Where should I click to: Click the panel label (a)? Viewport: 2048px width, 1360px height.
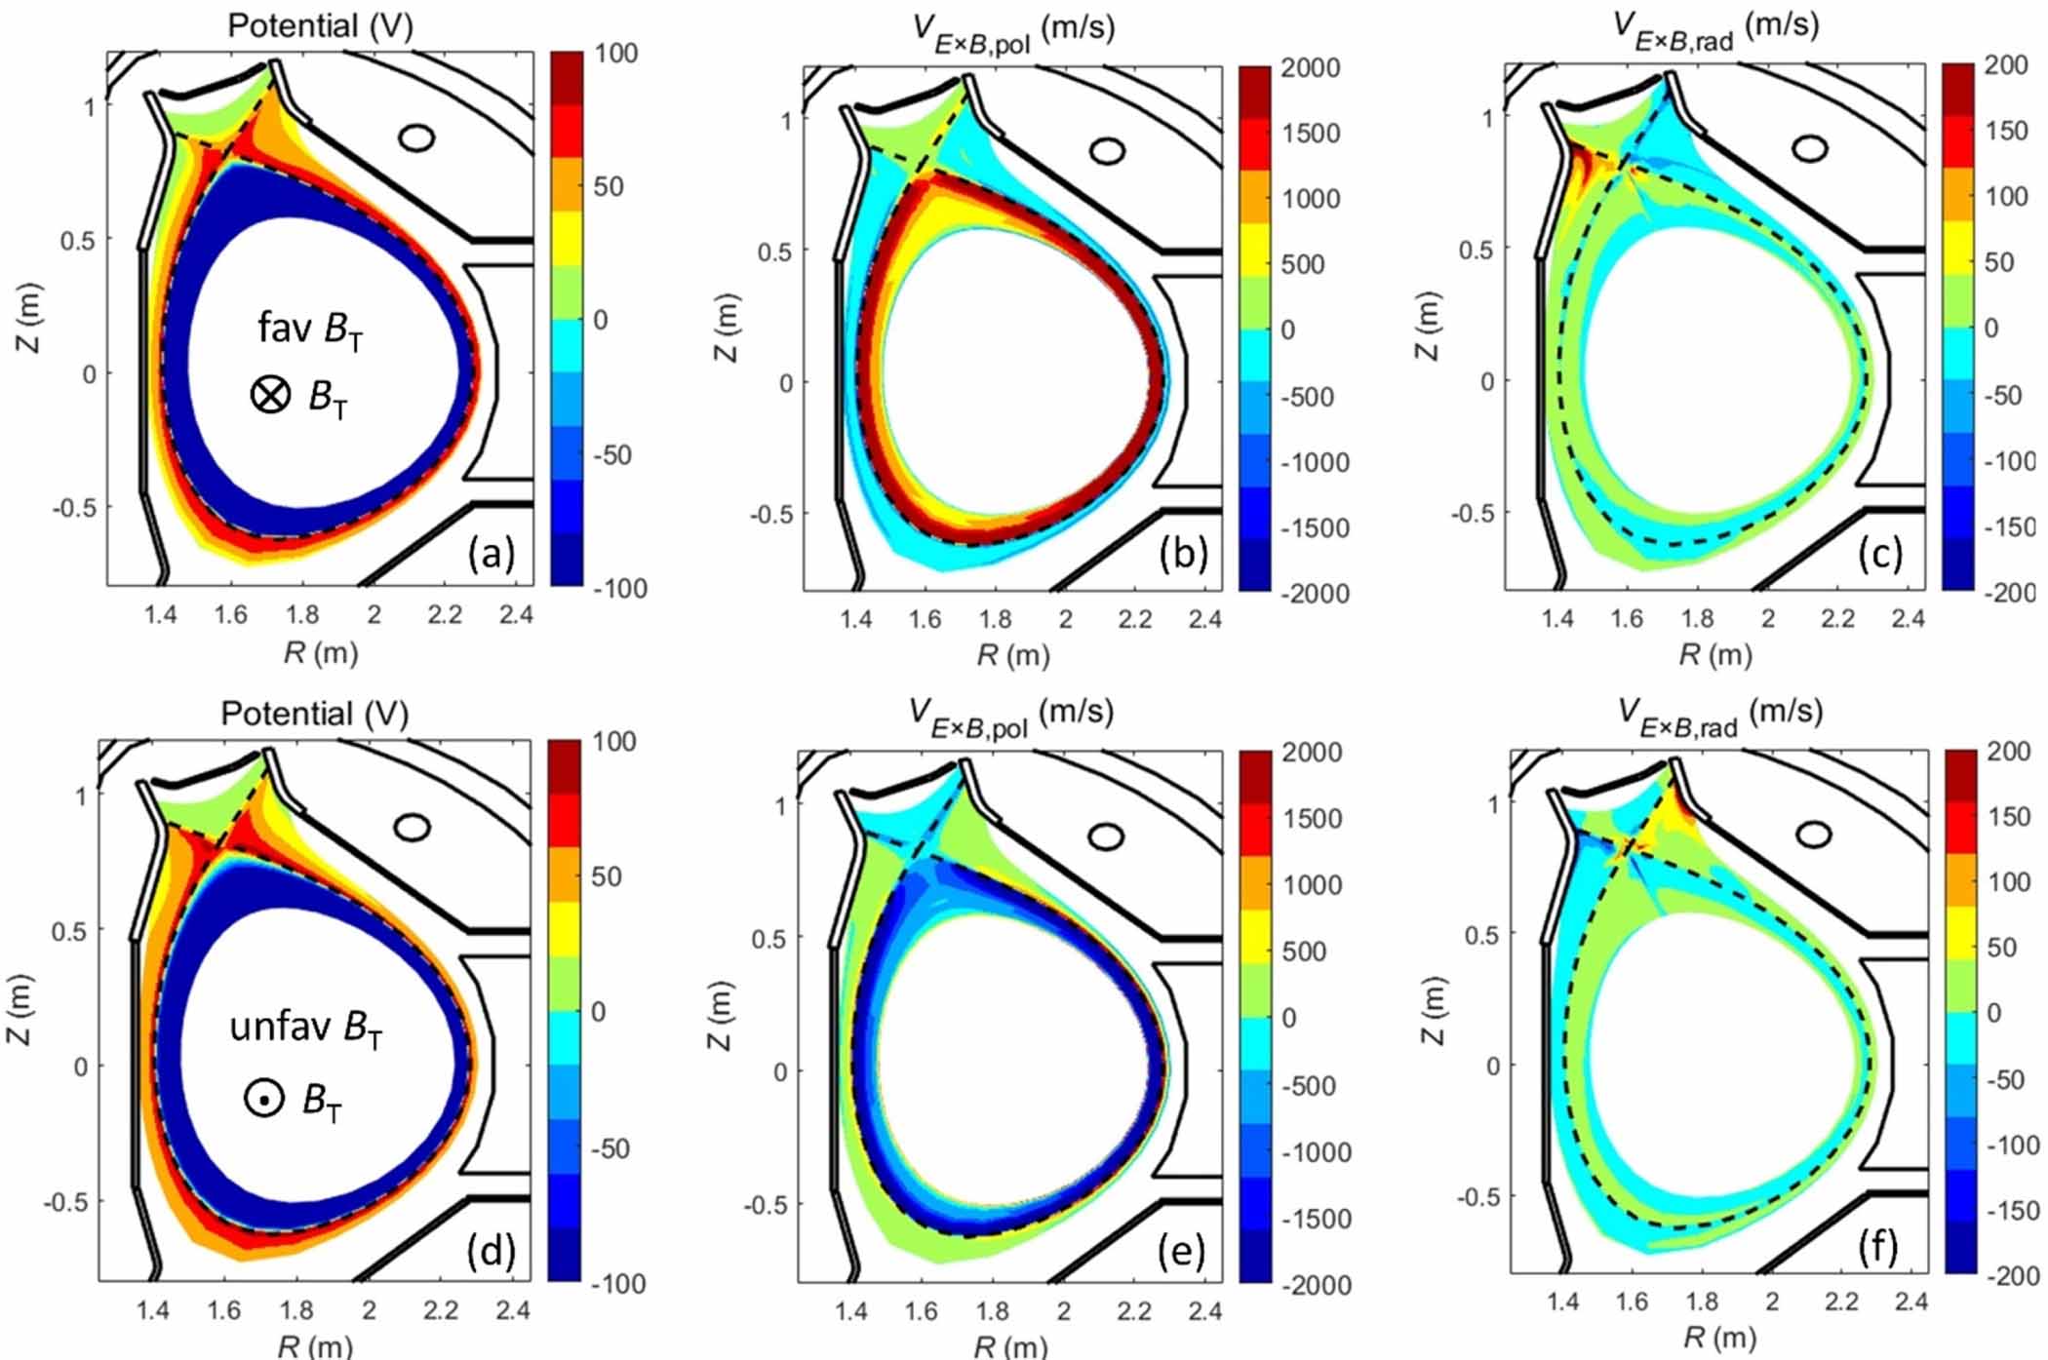[491, 554]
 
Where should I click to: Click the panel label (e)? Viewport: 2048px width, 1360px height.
[1181, 1251]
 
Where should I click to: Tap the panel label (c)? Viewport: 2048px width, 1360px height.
[1880, 554]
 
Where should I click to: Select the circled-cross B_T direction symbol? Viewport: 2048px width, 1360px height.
[270, 395]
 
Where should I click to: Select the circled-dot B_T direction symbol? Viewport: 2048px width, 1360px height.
[263, 1099]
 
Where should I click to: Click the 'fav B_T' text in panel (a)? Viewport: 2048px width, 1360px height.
[310, 330]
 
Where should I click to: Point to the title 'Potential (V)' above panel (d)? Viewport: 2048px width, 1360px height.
[314, 714]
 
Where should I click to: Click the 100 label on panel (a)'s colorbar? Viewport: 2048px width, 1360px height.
[615, 53]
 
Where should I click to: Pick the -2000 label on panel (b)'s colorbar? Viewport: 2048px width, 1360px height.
[1314, 593]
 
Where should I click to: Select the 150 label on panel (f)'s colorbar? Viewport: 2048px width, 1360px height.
[2008, 816]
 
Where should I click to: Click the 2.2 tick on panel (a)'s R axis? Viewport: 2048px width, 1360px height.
[445, 615]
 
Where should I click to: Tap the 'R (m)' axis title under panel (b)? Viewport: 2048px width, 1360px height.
[1013, 655]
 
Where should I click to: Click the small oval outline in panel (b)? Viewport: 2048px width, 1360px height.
[1107, 151]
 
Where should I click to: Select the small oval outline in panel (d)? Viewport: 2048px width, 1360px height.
[414, 828]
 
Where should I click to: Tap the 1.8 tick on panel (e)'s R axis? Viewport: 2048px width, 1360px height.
[992, 1311]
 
